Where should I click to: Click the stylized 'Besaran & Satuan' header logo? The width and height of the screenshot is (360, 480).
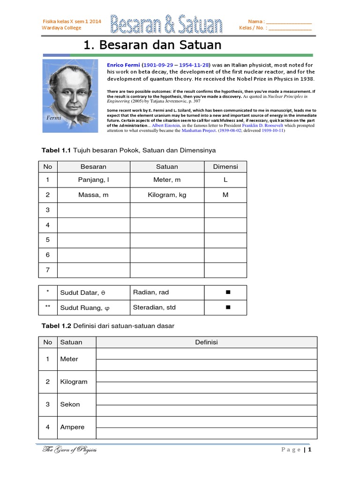coord(166,24)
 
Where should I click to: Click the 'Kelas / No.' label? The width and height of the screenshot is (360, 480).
coord(253,28)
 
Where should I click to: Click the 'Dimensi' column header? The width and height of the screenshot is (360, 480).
coord(225,166)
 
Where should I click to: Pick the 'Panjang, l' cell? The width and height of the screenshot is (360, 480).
coord(93,180)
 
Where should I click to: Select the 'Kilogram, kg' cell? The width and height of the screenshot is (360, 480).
coord(167,195)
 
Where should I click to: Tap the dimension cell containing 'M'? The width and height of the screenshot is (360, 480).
coord(225,195)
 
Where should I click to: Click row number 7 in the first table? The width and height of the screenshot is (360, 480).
coord(47,270)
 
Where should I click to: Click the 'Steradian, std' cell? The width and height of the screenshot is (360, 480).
coord(154,307)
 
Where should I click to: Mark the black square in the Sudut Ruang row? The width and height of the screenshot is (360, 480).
coord(228,308)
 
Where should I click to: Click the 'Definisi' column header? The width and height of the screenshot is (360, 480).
coord(206,342)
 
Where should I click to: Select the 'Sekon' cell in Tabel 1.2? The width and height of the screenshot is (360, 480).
coord(70,404)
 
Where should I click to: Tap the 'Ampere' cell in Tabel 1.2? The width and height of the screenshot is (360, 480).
coord(72,427)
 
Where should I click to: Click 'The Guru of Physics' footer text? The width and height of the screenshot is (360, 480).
coord(69,450)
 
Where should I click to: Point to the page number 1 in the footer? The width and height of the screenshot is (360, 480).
coord(310,450)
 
